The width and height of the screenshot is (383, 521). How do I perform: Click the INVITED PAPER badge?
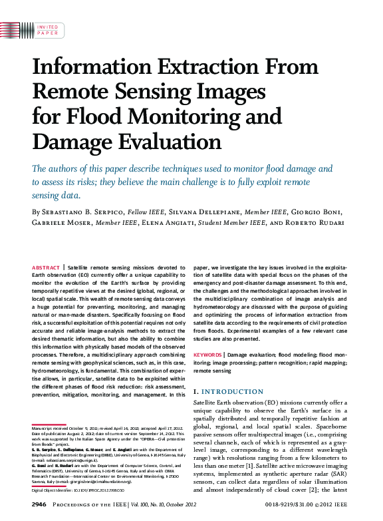click(x=47, y=29)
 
